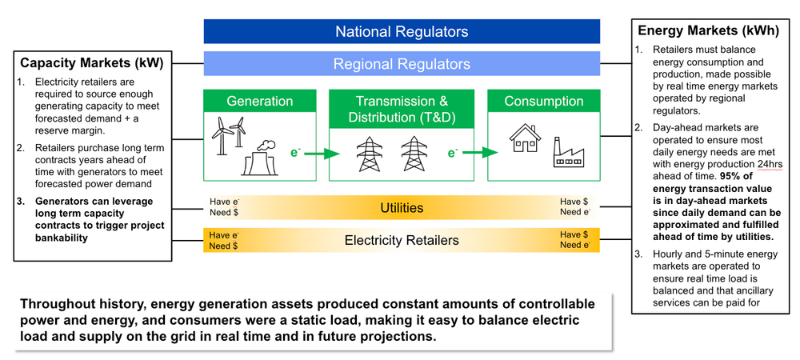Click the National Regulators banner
coord(402,32)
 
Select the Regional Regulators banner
coord(402,64)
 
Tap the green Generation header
coord(259,102)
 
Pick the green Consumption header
coord(543,102)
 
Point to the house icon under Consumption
coord(525,139)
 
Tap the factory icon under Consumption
coord(568,152)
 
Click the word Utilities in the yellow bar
coord(401,207)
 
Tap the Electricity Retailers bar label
coord(401,240)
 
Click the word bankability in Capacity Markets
coord(61,238)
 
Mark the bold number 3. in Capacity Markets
coord(22,202)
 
